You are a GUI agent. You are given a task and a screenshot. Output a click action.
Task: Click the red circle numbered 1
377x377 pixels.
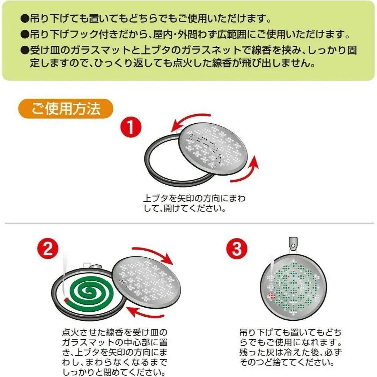coord(131,127)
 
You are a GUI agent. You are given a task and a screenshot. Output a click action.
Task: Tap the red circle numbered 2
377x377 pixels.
coord(48,249)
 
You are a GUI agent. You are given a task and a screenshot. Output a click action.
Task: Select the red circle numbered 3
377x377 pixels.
coord(237,249)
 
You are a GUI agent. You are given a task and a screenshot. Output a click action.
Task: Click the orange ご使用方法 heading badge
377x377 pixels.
coord(66,109)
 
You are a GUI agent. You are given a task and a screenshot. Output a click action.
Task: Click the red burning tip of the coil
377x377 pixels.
coord(67,300)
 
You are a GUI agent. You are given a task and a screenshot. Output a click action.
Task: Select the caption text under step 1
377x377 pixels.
coord(194,203)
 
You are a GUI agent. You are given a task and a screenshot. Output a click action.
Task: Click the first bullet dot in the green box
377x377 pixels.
coord(24,19)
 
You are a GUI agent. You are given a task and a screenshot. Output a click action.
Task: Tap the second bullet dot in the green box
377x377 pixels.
coord(24,34)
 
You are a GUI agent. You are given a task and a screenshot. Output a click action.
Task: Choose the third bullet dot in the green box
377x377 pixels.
coord(24,51)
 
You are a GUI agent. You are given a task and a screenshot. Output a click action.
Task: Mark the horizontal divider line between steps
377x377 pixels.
coord(190,223)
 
